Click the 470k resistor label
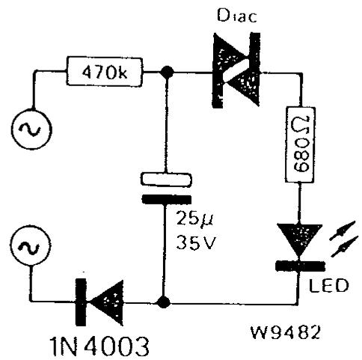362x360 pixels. [105, 73]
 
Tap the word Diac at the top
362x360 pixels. [237, 16]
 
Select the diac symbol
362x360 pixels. [236, 70]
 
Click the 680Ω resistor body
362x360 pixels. [300, 144]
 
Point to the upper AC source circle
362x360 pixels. [31, 129]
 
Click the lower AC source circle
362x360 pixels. [31, 245]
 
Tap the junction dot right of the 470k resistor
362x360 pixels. [167, 73]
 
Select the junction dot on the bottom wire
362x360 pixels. [164, 302]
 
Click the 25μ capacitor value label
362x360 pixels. [194, 219]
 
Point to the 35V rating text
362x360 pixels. [195, 242]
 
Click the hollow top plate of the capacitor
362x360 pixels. [167, 180]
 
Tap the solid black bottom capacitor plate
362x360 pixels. [167, 200]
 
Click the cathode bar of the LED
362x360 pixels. [300, 266]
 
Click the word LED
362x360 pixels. [328, 285]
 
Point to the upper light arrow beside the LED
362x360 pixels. [343, 231]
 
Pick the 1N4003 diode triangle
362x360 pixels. [107, 302]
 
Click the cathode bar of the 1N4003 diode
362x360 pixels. [81, 302]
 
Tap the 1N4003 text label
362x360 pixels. [99, 346]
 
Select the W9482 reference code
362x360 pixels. [285, 332]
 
